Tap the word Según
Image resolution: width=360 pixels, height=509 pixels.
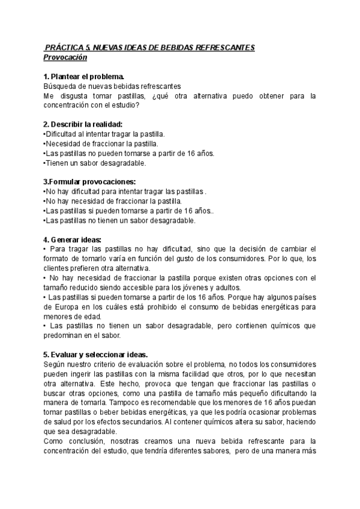click(55, 364)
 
